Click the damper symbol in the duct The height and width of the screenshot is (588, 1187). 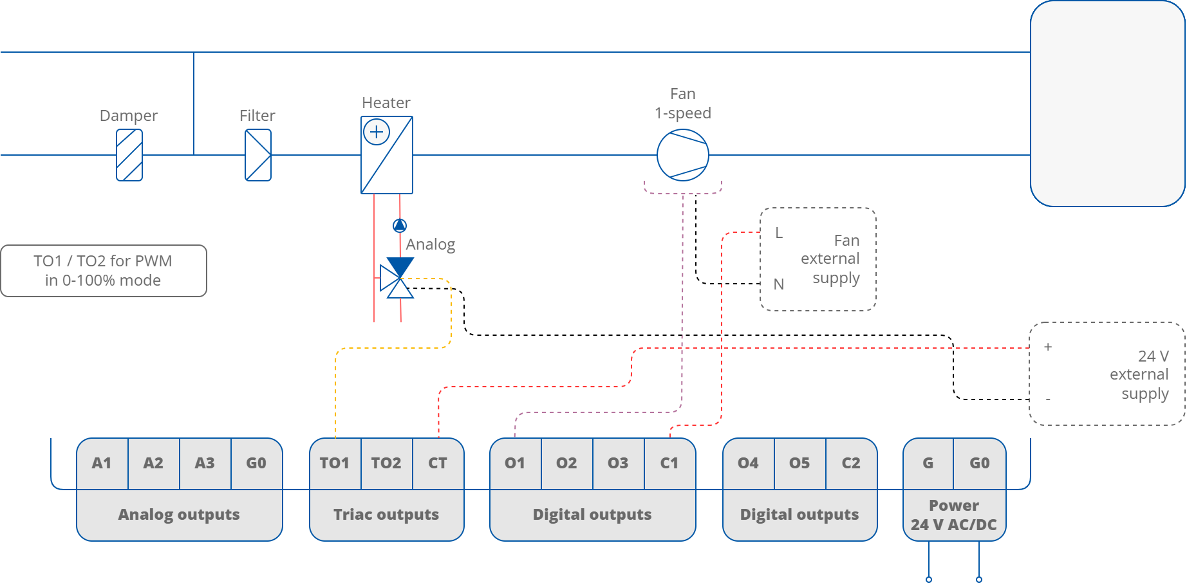pyautogui.click(x=129, y=155)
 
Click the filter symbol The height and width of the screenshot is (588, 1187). pyautogui.click(x=258, y=155)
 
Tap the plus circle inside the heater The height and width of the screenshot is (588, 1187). pyautogui.click(x=377, y=133)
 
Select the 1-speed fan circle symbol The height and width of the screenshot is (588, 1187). pyautogui.click(x=683, y=155)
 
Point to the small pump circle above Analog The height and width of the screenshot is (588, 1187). pyautogui.click(x=400, y=225)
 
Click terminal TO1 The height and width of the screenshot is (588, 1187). pyautogui.click(x=335, y=463)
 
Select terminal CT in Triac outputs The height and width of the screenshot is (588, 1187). pyautogui.click(x=438, y=463)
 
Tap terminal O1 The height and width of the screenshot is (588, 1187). pyautogui.click(x=515, y=463)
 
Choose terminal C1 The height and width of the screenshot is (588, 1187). pyautogui.click(x=669, y=463)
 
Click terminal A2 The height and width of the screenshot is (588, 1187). pyautogui.click(x=153, y=463)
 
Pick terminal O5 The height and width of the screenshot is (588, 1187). pyautogui.click(x=799, y=463)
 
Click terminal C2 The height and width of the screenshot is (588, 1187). pyautogui.click(x=851, y=463)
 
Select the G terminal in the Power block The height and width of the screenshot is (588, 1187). pyautogui.click(x=928, y=463)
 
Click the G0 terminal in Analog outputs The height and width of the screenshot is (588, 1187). pyautogui.click(x=256, y=463)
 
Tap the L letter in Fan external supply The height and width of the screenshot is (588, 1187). pyautogui.click(x=779, y=233)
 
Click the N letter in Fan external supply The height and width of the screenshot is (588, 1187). pyautogui.click(x=779, y=284)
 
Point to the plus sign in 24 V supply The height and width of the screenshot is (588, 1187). pyautogui.click(x=1048, y=347)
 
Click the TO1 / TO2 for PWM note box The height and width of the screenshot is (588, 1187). pyautogui.click(x=104, y=271)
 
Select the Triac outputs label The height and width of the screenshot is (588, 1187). pyautogui.click(x=386, y=515)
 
